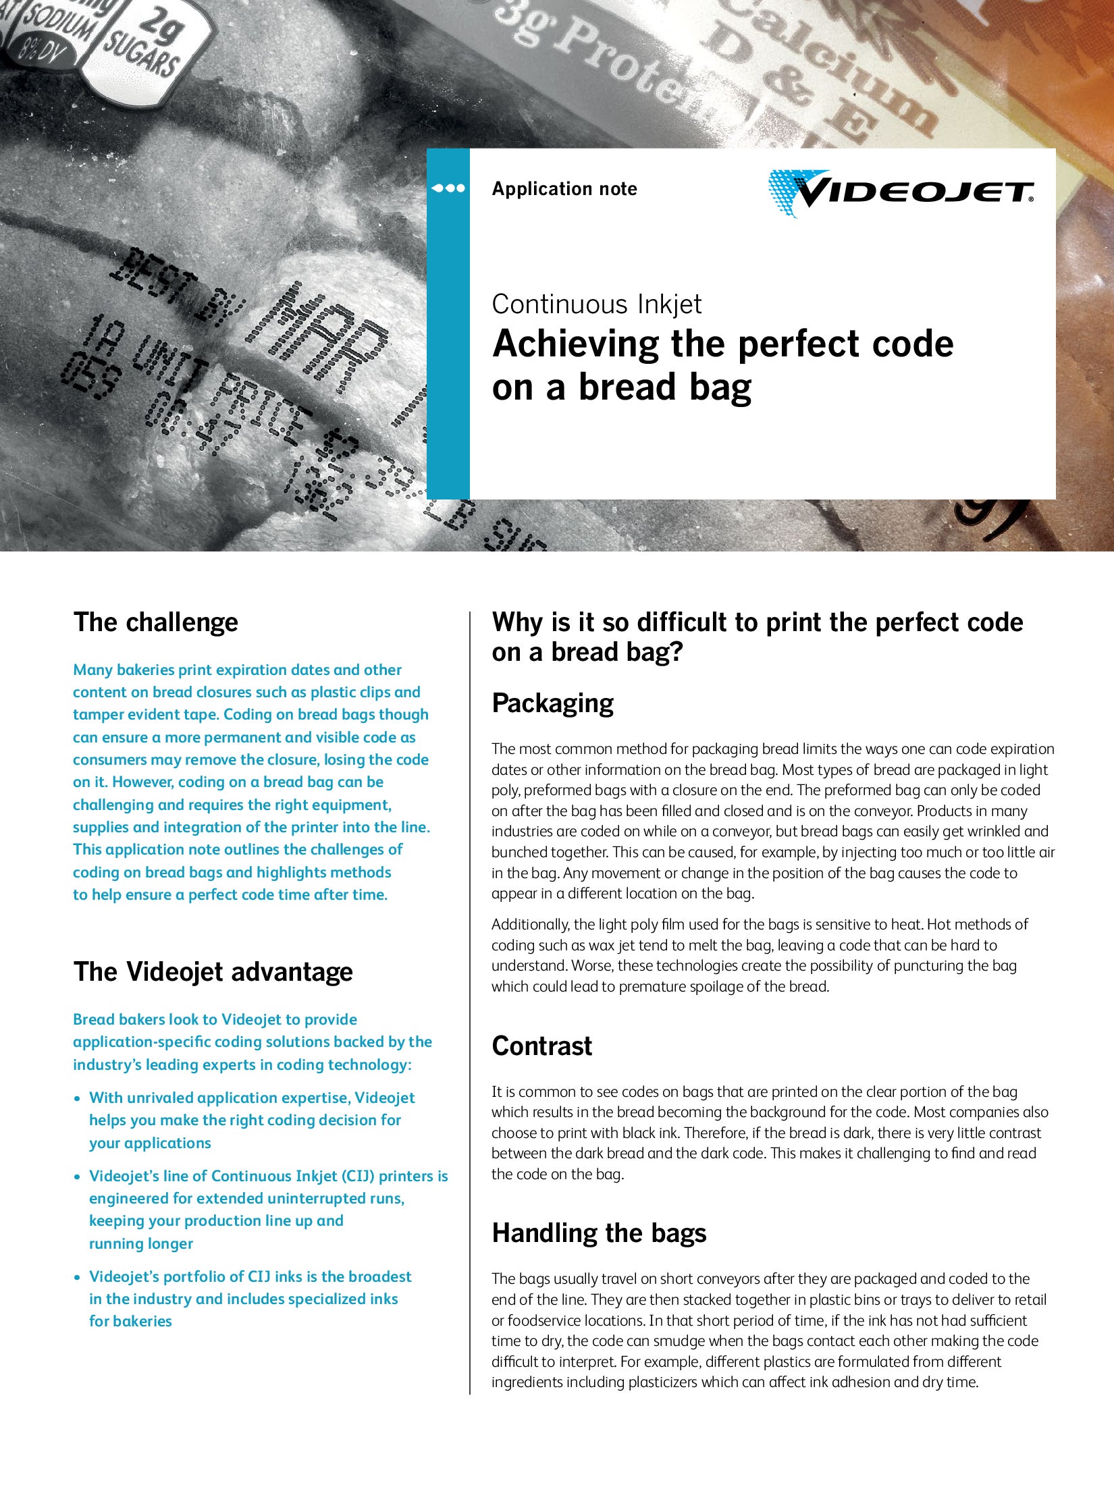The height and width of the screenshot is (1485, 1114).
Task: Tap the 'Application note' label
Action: (564, 189)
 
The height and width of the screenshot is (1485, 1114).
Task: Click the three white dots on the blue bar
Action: (448, 188)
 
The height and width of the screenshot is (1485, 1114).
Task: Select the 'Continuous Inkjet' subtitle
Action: (596, 304)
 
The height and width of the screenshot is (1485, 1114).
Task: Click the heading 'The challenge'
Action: (155, 622)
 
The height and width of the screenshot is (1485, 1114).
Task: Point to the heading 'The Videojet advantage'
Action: (213, 972)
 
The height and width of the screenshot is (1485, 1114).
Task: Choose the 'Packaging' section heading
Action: (552, 703)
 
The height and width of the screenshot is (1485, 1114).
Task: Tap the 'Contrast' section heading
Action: (541, 1046)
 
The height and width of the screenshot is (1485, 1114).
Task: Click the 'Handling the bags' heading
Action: (599, 1233)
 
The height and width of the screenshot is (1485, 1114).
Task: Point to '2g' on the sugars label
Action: (162, 30)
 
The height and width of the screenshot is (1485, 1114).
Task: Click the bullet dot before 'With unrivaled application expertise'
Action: (78, 1099)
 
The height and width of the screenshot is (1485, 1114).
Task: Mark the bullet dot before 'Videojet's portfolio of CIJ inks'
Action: (78, 1278)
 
